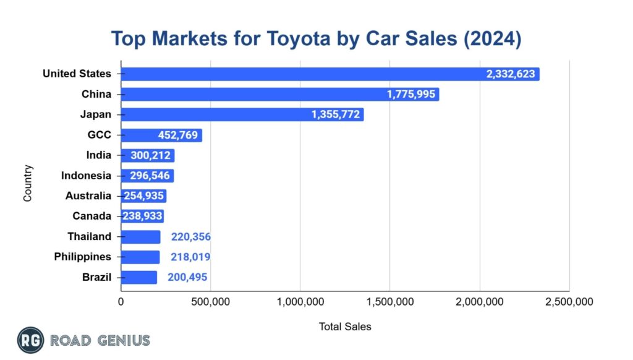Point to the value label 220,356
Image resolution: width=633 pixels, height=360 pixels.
191,237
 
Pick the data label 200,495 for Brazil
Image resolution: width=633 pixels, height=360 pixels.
191,277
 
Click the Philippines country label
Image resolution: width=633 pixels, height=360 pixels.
82,257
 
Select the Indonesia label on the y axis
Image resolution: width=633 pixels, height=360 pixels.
86,176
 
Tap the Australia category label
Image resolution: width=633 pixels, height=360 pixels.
88,196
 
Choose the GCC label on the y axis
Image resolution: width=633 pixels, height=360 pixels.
100,135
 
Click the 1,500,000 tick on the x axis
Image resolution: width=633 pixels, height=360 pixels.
389,302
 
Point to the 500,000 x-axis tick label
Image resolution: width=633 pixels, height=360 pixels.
210,302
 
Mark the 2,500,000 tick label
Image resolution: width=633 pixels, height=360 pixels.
569,302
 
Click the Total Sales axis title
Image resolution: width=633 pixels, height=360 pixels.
345,326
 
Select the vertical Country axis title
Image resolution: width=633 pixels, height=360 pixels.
28,182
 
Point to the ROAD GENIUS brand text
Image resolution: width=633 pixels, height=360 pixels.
100,340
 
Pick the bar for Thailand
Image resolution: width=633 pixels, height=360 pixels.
140,237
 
